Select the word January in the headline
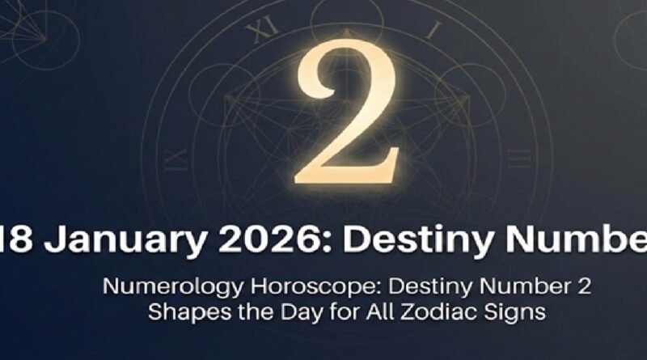[x=106, y=241]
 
